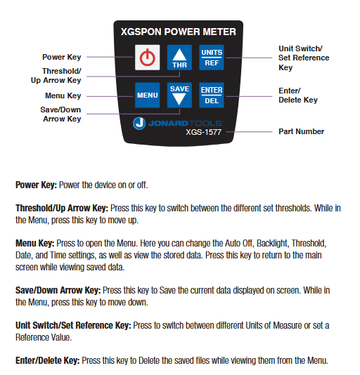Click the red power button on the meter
(146, 58)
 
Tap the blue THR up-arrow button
(179, 58)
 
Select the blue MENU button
(147, 94)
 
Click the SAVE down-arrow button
(179, 94)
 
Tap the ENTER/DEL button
(212, 94)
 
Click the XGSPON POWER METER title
(179, 32)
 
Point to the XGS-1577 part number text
(204, 131)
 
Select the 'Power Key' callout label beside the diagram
(61, 57)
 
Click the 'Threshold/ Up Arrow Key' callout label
(61, 76)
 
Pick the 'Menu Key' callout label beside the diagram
(63, 96)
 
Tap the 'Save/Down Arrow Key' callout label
(61, 114)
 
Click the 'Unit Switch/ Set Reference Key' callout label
(304, 58)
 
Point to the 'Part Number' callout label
(301, 131)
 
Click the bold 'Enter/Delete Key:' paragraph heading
(48, 360)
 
